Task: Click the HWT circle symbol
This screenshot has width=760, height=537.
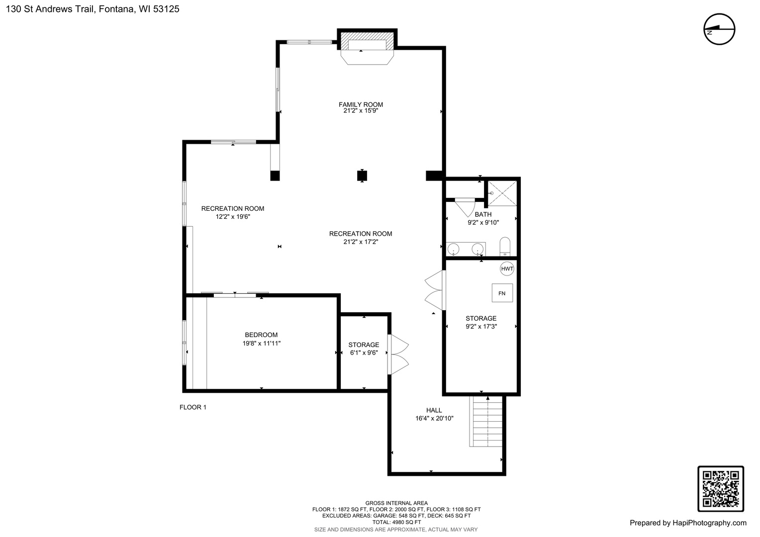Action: tap(507, 268)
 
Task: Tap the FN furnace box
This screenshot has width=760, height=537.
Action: tap(502, 293)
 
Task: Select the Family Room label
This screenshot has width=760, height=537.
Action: tap(361, 104)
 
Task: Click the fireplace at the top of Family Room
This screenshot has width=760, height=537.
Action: tap(367, 48)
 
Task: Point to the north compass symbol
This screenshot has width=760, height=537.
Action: tap(719, 29)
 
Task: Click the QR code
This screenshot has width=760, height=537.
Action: tap(721, 489)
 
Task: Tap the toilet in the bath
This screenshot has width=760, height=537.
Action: tap(505, 247)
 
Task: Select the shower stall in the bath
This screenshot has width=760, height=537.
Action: tap(502, 193)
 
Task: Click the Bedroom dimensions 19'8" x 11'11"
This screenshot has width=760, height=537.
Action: tap(261, 343)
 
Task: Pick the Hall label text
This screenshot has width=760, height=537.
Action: tap(434, 410)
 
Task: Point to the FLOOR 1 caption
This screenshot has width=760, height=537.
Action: tap(192, 407)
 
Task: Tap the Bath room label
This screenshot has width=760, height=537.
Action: tap(483, 214)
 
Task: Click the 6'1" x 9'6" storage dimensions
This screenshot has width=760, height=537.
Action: tap(364, 353)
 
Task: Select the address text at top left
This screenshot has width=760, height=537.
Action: tap(93, 9)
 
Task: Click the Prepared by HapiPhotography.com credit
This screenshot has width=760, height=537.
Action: tap(688, 523)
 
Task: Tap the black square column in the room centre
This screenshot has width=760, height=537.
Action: tap(362, 176)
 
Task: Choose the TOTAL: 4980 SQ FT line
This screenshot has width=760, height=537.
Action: tap(396, 522)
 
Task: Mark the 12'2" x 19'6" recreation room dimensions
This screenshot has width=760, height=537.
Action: tap(233, 217)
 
